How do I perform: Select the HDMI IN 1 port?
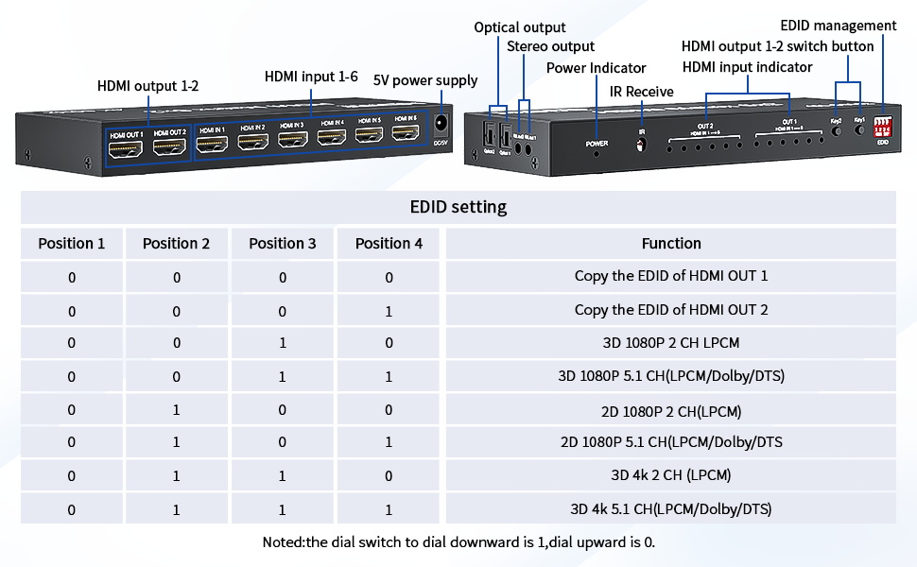213,143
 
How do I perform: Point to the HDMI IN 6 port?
406,135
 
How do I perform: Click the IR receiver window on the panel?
642,146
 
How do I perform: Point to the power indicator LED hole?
596,153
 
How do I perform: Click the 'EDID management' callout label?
839,26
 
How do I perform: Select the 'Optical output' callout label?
520,27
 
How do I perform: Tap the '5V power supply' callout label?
425,79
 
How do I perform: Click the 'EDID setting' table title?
458,207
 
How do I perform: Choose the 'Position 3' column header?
283,244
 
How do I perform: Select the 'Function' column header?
671,244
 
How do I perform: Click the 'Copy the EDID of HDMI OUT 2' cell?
671,310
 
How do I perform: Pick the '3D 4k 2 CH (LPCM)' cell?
671,475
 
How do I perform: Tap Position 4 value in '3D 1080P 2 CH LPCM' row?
389,343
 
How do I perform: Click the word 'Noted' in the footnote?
283,542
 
